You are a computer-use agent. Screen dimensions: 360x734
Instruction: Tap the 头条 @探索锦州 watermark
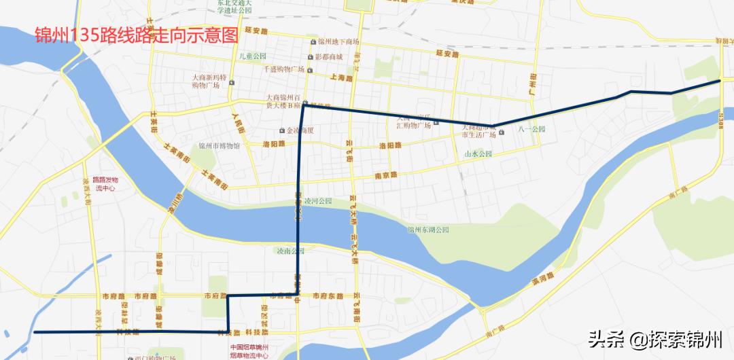click(655, 338)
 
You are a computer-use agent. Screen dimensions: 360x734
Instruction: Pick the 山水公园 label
click(477, 154)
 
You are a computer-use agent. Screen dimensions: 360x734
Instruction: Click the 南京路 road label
click(385, 175)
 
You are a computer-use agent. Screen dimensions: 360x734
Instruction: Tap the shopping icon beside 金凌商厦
click(282, 130)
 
